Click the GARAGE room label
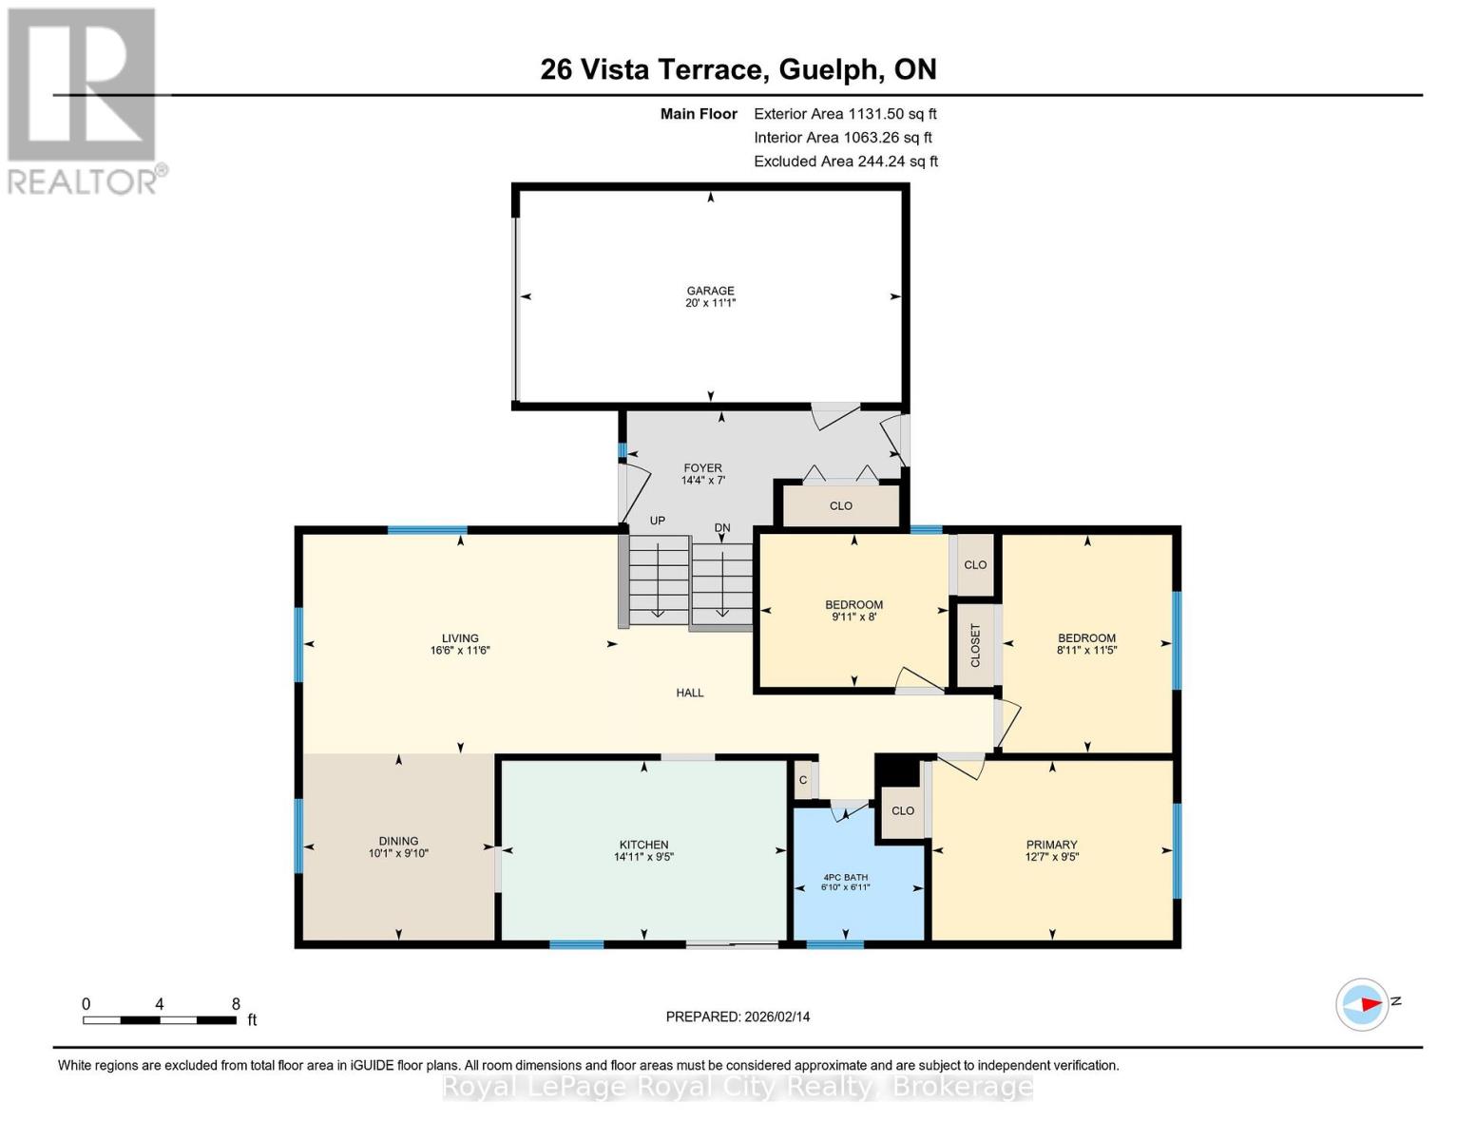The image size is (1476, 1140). pos(711,291)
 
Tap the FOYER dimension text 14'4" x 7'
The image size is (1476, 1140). pos(703,481)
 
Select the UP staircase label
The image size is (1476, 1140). pos(657,521)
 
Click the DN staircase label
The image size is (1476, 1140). pos(722,527)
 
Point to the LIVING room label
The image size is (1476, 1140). pos(460,638)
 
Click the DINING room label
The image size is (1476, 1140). pos(398,841)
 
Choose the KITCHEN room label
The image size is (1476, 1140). pos(643,845)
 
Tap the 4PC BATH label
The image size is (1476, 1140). pos(845,877)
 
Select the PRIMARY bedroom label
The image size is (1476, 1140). pos(1051,845)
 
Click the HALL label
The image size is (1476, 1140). pos(690,693)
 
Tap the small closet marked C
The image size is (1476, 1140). pos(803,780)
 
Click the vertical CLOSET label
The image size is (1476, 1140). pos(975,645)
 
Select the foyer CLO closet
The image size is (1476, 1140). pos(840,505)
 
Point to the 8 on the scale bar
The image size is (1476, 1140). pos(236,1004)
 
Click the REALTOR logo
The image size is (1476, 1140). pos(84,100)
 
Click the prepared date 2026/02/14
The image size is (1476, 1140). pos(776,1016)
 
